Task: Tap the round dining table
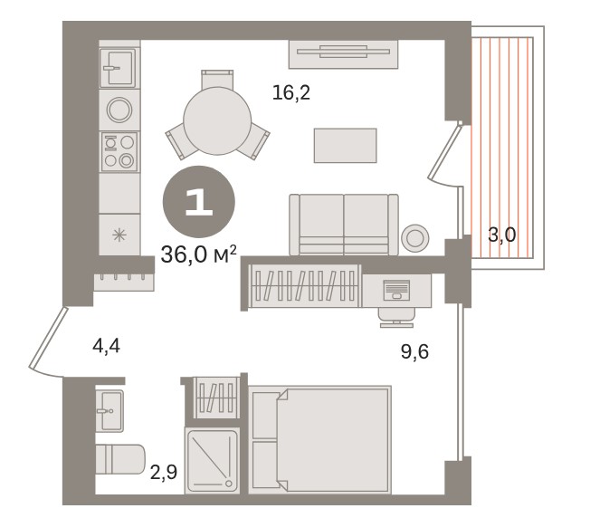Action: pyautogui.click(x=217, y=120)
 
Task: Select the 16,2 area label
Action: pyautogui.click(x=291, y=92)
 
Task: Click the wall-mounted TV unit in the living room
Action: pyautogui.click(x=343, y=54)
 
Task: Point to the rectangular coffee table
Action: pyautogui.click(x=345, y=145)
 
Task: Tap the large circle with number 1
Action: pyautogui.click(x=199, y=202)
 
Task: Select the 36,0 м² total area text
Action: pyautogui.click(x=199, y=254)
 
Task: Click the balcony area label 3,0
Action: pyautogui.click(x=501, y=235)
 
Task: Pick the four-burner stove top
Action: pyautogui.click(x=119, y=151)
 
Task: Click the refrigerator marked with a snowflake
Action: pyautogui.click(x=119, y=235)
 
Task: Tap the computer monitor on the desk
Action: pyautogui.click(x=395, y=290)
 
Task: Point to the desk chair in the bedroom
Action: pyautogui.click(x=396, y=317)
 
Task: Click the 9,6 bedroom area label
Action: pyautogui.click(x=414, y=352)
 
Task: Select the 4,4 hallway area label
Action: pyautogui.click(x=106, y=346)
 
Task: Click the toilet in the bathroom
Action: pyautogui.click(x=120, y=459)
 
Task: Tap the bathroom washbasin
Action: pyautogui.click(x=109, y=411)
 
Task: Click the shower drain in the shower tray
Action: pyautogui.click(x=228, y=483)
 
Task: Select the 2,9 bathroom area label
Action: pyautogui.click(x=164, y=472)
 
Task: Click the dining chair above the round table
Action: pyautogui.click(x=217, y=79)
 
